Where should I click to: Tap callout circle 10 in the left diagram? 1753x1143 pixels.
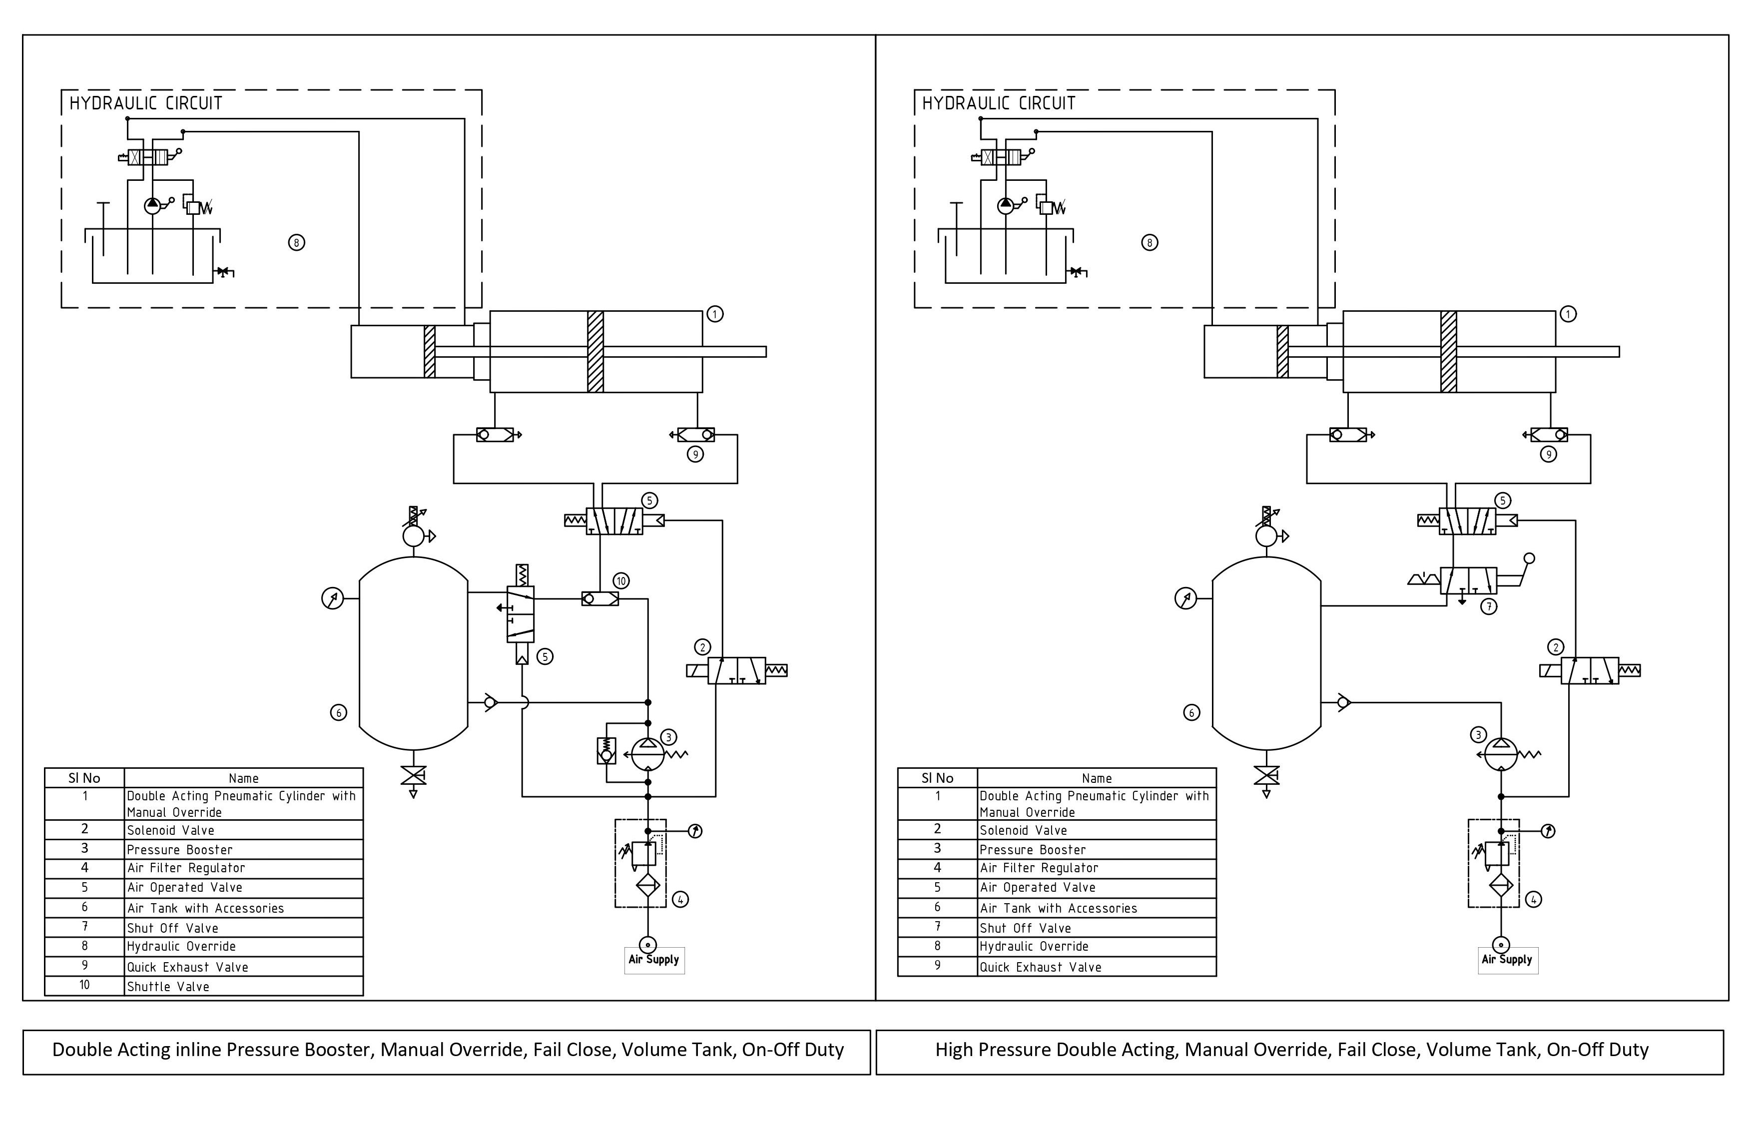pyautogui.click(x=621, y=581)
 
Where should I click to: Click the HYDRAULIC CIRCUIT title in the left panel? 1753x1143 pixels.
pyautogui.click(x=146, y=103)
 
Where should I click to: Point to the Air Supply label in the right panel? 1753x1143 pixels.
pyautogui.click(x=1507, y=960)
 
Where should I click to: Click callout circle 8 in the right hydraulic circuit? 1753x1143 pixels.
pyautogui.click(x=1149, y=242)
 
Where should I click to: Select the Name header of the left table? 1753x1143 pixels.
pyautogui.click(x=244, y=778)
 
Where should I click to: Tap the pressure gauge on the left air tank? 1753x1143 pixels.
pyautogui.click(x=333, y=599)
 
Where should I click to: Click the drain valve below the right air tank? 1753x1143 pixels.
pyautogui.click(x=1266, y=775)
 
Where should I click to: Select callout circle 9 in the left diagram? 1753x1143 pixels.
pyautogui.click(x=695, y=455)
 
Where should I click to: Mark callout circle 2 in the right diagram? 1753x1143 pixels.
pyautogui.click(x=1556, y=647)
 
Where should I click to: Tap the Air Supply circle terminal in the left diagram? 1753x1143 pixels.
pyautogui.click(x=647, y=945)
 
